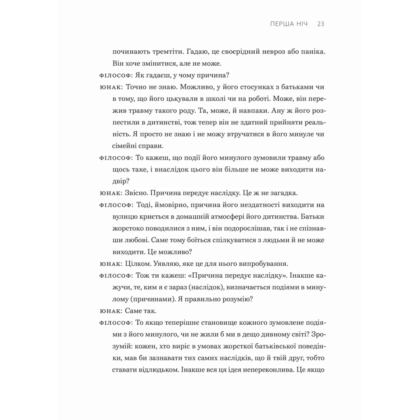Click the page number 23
[x=321, y=24]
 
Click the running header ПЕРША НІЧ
[x=289, y=24]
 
